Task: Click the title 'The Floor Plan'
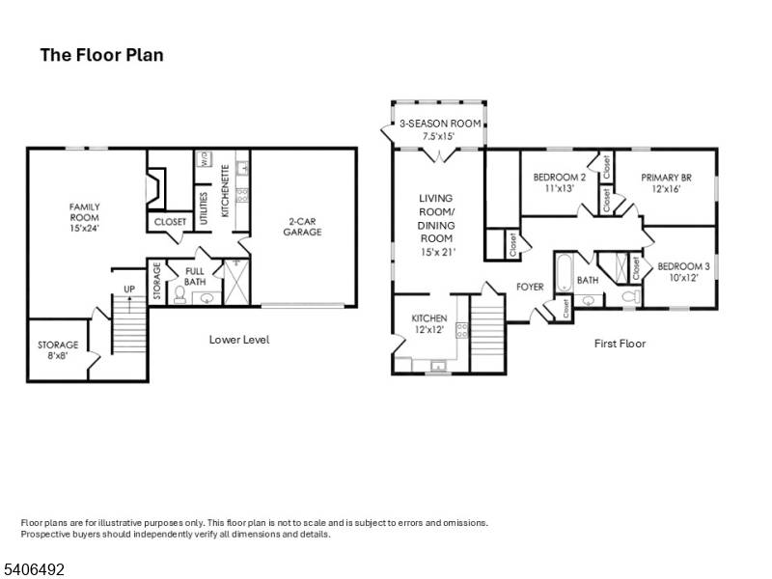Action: tap(101, 55)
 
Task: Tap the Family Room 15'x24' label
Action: tap(84, 217)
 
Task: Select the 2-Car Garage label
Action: tap(302, 226)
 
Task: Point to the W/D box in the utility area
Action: tap(205, 160)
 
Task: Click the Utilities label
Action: tap(204, 209)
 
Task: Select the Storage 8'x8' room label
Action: tap(58, 350)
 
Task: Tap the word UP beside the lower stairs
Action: tap(128, 289)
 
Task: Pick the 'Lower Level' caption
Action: tap(239, 340)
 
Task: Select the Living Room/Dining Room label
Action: tap(435, 225)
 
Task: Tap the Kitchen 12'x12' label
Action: tap(429, 323)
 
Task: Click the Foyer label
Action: tap(530, 287)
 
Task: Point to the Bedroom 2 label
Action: tap(560, 183)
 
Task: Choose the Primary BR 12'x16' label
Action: tap(667, 183)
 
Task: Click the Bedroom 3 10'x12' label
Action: tap(683, 271)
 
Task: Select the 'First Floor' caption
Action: tap(620, 344)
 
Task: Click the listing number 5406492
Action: tap(33, 570)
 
